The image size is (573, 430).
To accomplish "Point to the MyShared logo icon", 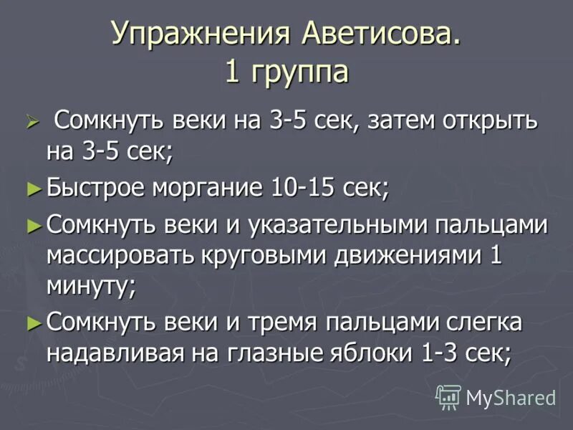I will point(448,396).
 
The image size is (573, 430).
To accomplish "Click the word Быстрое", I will point(96,188).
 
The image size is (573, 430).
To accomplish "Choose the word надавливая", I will point(125,353).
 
